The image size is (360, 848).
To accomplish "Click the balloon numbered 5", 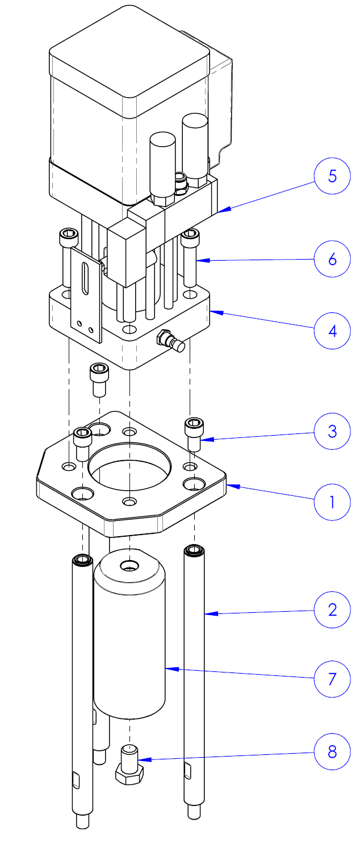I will [332, 177].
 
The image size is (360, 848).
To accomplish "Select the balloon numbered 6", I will [332, 260].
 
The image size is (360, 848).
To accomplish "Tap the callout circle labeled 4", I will [332, 330].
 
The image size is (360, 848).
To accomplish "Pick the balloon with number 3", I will [332, 431].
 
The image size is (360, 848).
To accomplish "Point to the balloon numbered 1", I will [332, 502].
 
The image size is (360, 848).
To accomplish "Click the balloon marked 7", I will [332, 679].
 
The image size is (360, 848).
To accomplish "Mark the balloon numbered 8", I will [332, 752].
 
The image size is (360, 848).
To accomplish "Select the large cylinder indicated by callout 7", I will [129, 642].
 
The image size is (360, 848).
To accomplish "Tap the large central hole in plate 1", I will [129, 466].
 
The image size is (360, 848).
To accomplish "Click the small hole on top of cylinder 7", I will [131, 566].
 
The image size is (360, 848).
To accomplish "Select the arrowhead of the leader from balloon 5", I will [221, 210].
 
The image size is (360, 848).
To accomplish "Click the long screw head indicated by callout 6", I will [190, 234].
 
